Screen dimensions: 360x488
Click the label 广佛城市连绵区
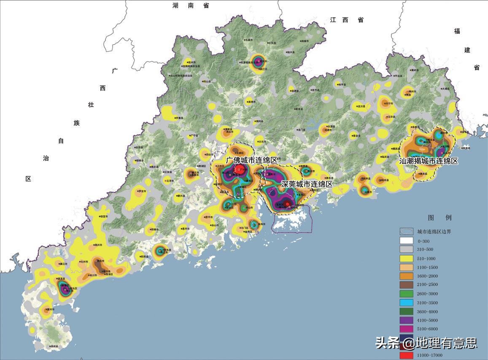coord(252,161)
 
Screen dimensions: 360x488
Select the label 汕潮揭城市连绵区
coord(429,161)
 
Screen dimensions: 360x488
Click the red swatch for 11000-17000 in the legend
coord(407,355)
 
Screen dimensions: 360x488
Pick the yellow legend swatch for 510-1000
coord(407,258)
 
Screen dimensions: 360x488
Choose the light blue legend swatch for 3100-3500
coord(407,303)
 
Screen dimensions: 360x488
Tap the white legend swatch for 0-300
coord(407,241)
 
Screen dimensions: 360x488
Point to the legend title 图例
coord(439,218)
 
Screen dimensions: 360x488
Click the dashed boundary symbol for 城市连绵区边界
coord(407,232)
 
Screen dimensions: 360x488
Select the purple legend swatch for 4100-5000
coord(407,320)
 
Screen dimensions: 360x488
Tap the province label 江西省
coord(347,20)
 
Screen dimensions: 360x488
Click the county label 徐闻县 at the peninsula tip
coord(53,346)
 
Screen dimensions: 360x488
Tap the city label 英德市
coord(252,102)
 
